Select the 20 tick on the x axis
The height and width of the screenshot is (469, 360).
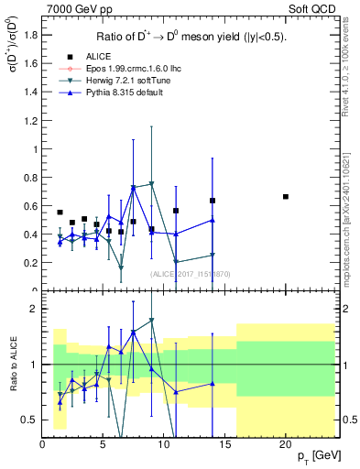click(286, 442)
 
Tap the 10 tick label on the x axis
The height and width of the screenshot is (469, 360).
click(164, 442)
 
